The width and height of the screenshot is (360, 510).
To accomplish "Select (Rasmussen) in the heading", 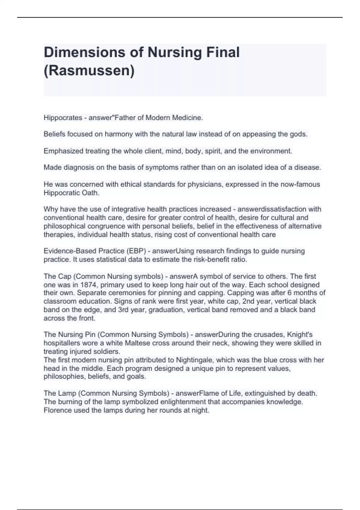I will tap(89, 70).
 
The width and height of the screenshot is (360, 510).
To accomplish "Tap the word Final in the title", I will tap(223, 52).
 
